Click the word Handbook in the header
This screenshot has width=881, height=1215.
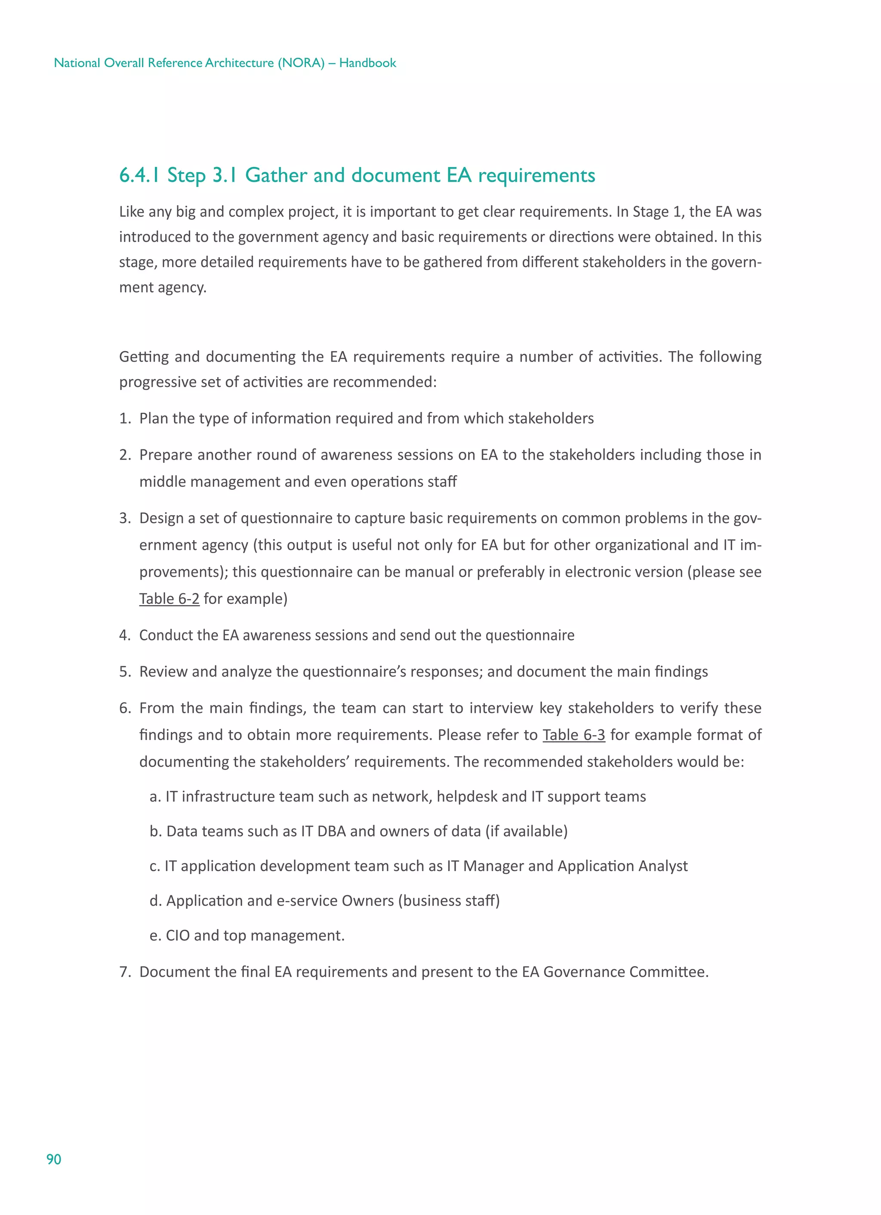367,63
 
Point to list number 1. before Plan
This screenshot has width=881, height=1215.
125,418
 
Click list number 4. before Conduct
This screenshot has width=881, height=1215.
125,635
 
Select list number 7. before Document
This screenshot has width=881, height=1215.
125,972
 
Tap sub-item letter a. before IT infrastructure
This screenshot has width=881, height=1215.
155,797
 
